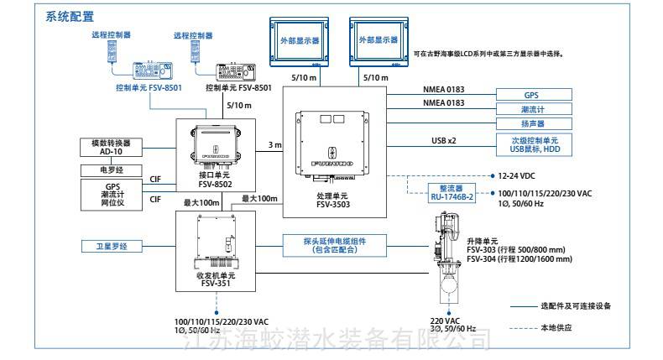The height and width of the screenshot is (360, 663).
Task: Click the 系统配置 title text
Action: coord(70,16)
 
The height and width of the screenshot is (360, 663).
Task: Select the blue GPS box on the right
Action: coord(530,95)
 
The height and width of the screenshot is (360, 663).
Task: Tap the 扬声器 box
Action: coord(530,122)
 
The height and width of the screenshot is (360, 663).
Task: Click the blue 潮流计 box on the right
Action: coord(530,108)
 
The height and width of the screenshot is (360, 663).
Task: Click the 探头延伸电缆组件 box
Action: coord(323,244)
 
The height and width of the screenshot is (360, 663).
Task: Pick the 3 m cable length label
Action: coord(274,145)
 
